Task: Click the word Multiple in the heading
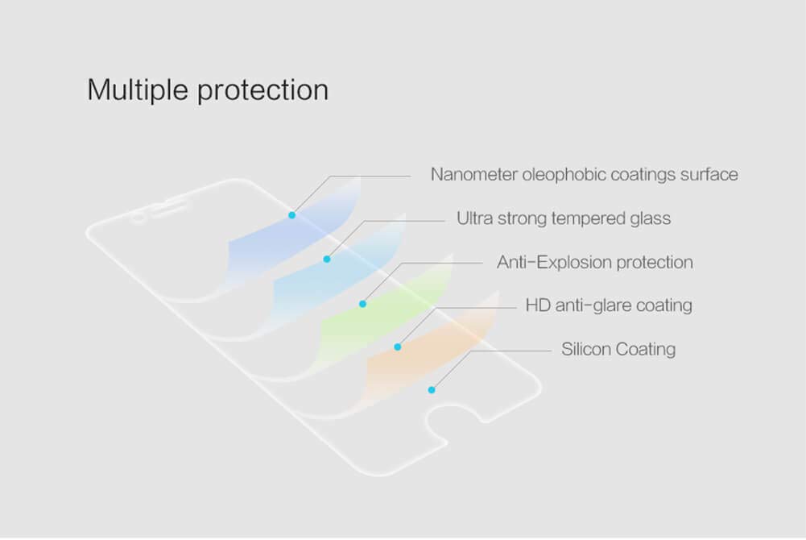click(138, 90)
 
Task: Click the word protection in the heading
click(263, 91)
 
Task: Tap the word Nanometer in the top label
click(474, 174)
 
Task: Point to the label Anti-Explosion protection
click(595, 262)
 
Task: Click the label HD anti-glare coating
click(609, 305)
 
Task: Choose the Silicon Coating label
click(618, 349)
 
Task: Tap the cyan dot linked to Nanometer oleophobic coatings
click(292, 215)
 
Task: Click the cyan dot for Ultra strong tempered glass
click(327, 260)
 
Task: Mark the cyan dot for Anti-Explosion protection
click(363, 304)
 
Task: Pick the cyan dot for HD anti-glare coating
click(397, 347)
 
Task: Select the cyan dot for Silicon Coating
click(432, 390)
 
